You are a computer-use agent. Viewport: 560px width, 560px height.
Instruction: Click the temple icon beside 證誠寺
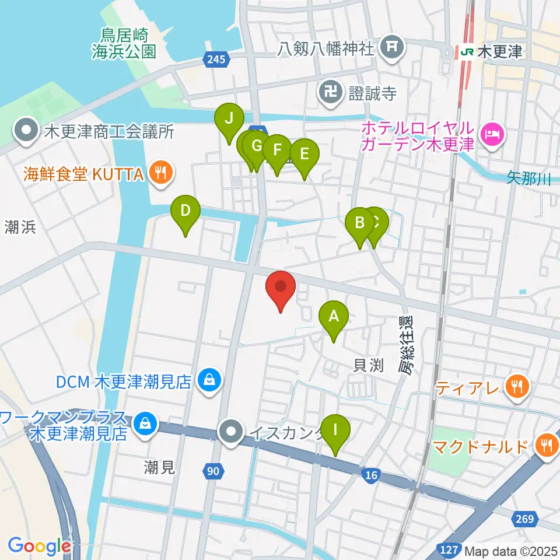click(330, 92)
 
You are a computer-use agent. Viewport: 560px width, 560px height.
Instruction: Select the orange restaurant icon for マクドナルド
click(547, 446)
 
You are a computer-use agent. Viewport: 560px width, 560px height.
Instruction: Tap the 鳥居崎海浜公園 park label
click(124, 44)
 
